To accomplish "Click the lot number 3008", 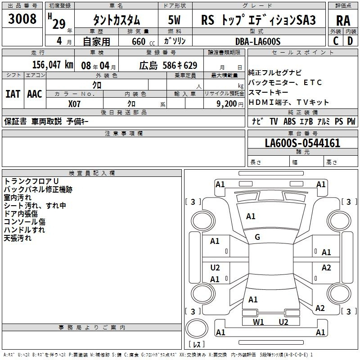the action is (22, 18).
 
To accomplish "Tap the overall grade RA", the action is (343, 21).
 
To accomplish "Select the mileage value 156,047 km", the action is (53, 65).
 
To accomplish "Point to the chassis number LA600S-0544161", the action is (302, 143).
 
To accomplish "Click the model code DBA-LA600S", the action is (258, 41).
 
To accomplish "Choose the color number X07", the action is (74, 104).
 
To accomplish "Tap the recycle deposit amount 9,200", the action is (227, 104).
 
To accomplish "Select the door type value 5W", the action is (174, 20).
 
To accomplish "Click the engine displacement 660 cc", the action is (143, 42).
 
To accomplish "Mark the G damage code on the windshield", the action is (257, 237).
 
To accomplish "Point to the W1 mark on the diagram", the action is (258, 322).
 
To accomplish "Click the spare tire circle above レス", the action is (197, 328).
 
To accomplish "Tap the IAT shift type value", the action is (13, 94).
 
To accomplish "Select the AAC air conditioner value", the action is (35, 94).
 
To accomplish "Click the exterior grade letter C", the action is (336, 41).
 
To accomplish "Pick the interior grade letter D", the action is (350, 41).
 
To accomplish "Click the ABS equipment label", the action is (289, 121).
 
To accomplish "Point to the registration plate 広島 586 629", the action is (168, 65).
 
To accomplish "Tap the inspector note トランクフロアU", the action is (31, 181).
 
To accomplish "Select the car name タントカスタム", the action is (117, 20).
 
